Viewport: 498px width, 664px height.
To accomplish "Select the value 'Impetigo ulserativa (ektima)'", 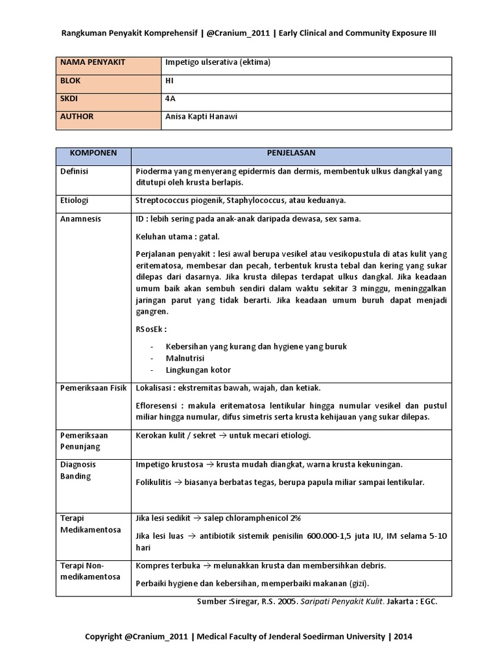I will (x=217, y=62).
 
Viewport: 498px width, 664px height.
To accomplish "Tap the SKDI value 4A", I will (x=170, y=99).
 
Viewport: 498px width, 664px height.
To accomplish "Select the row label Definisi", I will (x=75, y=172).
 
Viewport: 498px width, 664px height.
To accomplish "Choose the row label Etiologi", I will (x=75, y=200).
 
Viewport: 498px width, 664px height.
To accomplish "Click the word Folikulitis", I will (x=156, y=482).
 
